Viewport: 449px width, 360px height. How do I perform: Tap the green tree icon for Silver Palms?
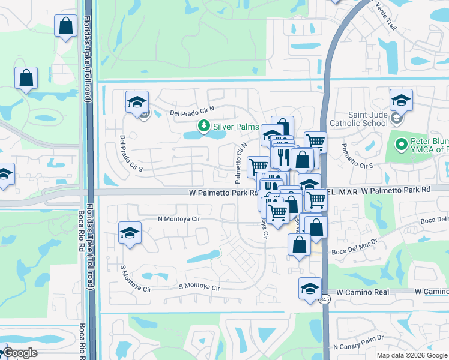tap(204, 126)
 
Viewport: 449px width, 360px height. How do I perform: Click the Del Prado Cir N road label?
tap(192, 112)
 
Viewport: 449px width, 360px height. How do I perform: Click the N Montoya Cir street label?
tap(178, 220)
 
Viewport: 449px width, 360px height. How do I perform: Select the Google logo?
tap(20, 353)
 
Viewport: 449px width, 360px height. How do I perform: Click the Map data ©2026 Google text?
tap(412, 355)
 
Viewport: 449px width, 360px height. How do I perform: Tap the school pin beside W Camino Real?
tap(310, 288)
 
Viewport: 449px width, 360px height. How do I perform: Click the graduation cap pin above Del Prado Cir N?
tap(137, 101)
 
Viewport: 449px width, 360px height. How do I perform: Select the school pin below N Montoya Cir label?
tap(130, 232)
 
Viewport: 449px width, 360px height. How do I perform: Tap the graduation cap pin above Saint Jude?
tap(401, 100)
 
